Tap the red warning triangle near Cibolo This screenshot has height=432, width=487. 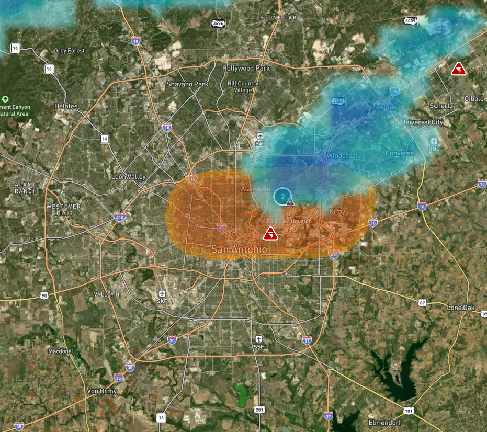[x=458, y=69]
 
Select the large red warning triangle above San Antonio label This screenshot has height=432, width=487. [x=270, y=234]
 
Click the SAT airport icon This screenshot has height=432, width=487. [x=260, y=137]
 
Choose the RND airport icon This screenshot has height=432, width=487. [x=434, y=142]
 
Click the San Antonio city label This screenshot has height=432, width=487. [x=239, y=250]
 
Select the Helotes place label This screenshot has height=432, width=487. [x=66, y=106]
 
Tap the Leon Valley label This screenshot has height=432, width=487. [x=128, y=177]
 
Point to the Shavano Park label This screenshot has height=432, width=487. [x=187, y=84]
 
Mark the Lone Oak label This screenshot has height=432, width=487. [x=461, y=308]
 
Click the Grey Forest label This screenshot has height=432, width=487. [x=70, y=51]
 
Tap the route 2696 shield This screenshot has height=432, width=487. [x=218, y=23]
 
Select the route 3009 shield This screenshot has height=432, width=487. [x=411, y=21]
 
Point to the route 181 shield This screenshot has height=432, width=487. [x=409, y=411]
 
